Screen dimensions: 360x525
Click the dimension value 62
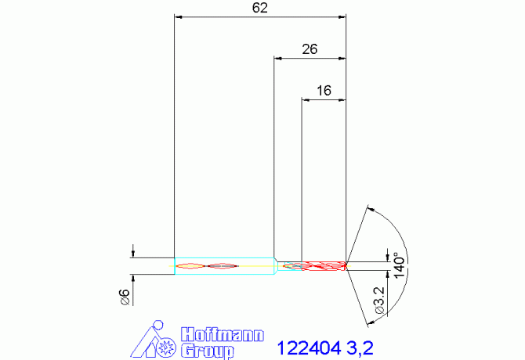click(x=261, y=8)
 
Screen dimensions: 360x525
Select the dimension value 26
click(x=310, y=49)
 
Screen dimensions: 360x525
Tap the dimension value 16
click(x=324, y=91)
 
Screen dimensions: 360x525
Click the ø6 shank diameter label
click(x=123, y=295)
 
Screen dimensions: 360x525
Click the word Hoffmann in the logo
click(x=223, y=334)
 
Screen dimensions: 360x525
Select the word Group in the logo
click(x=208, y=351)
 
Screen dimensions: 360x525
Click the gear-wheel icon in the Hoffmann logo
click(x=167, y=345)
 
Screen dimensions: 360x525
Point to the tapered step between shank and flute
click(x=277, y=265)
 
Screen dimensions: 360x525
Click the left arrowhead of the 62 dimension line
click(x=178, y=16)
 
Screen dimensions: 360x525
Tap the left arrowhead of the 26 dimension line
click(x=278, y=58)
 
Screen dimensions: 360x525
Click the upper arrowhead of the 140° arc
click(x=370, y=209)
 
